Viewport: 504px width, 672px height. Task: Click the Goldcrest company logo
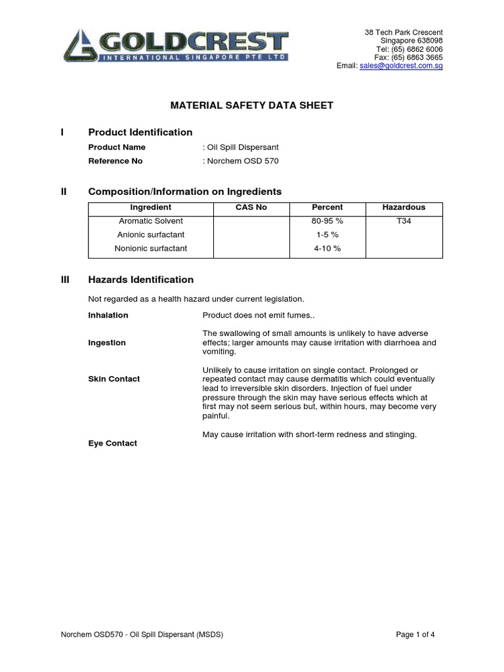click(176, 46)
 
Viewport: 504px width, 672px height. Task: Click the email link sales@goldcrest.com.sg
click(401, 66)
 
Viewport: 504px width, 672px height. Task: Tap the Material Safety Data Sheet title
click(252, 105)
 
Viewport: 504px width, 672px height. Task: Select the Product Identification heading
click(140, 133)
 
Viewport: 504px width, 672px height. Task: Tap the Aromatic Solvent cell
click(151, 222)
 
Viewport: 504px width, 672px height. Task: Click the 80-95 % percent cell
click(327, 222)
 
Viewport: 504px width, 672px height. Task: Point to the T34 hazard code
click(404, 222)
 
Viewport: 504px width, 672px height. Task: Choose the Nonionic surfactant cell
click(151, 249)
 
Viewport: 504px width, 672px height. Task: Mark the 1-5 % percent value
click(327, 235)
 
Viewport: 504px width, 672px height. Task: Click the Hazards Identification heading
click(141, 280)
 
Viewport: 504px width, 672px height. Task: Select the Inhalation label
click(108, 316)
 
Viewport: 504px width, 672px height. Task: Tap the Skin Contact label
click(114, 379)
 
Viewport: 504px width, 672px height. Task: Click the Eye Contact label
click(113, 444)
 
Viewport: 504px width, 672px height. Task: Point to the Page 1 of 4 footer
click(415, 635)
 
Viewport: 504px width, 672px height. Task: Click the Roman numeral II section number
click(64, 192)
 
